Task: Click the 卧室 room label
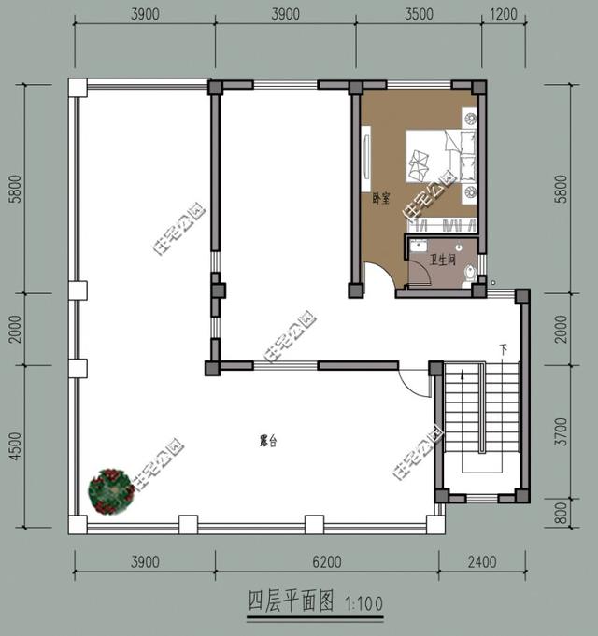point(380,198)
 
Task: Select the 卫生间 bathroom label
point(442,261)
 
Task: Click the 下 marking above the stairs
point(504,350)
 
